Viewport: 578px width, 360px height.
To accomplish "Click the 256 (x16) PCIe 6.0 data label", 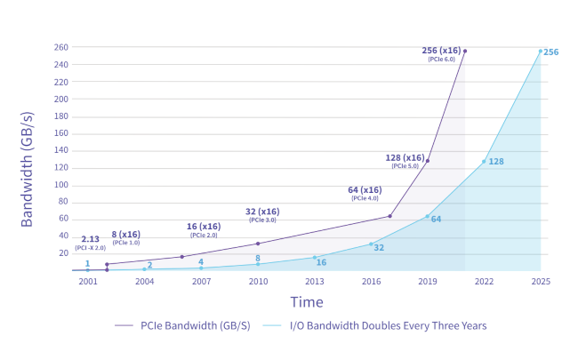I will (x=441, y=53).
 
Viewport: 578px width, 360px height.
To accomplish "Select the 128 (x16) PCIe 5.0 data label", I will (x=405, y=161).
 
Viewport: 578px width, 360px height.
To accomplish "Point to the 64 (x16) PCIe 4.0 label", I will (x=365, y=193).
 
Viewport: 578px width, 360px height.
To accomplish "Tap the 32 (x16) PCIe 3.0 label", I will (x=262, y=215).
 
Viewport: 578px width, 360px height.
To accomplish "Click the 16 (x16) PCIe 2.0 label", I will (x=204, y=230).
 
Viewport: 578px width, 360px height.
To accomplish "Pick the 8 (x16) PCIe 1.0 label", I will (x=125, y=237).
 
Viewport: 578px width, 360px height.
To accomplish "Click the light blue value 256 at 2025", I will (x=551, y=52).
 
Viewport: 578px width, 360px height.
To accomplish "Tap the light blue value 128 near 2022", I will (x=496, y=162).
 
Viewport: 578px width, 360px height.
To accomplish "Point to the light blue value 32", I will (x=379, y=247).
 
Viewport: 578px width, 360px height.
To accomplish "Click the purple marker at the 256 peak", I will (x=464, y=51).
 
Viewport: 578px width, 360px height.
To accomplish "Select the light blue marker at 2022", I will (x=484, y=162).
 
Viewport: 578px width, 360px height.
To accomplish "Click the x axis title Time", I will (x=307, y=302).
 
